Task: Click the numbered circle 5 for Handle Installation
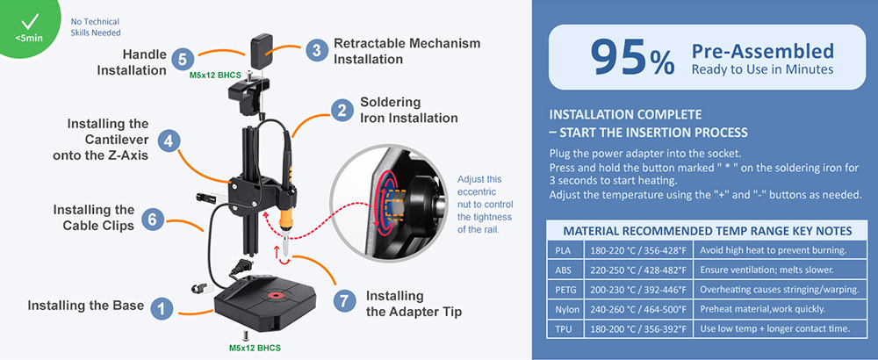tap(181, 60)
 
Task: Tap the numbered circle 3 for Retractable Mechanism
tap(317, 50)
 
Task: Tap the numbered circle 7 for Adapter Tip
tap(345, 299)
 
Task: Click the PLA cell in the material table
tap(563, 250)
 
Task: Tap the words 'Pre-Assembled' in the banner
tap(762, 50)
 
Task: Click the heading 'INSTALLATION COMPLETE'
tap(624, 115)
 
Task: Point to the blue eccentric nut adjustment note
tap(481, 204)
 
